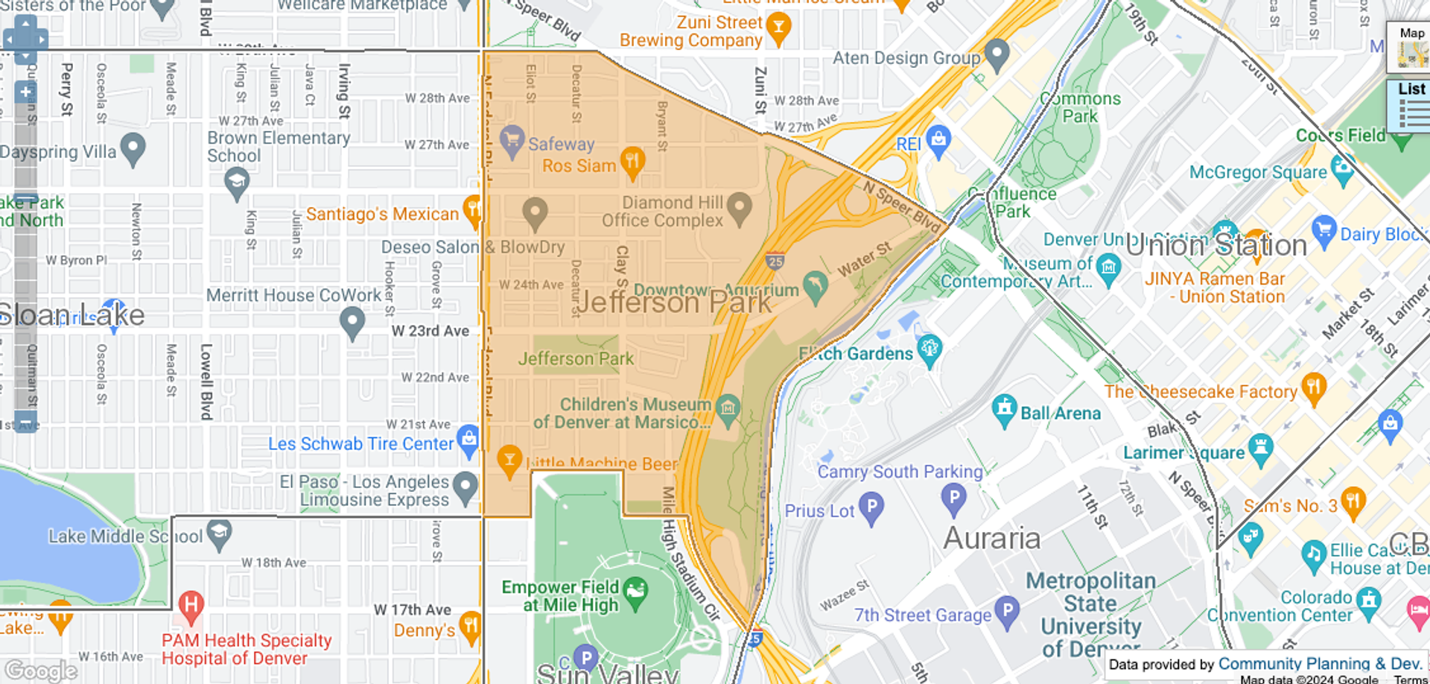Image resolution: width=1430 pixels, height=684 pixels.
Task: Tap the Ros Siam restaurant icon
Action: tap(632, 161)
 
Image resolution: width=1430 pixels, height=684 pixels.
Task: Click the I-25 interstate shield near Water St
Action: tap(775, 261)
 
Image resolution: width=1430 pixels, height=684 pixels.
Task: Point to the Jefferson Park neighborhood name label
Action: tap(673, 303)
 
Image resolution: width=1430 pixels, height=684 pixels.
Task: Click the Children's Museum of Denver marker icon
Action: tap(727, 407)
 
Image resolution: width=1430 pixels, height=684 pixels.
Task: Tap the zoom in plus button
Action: tap(25, 92)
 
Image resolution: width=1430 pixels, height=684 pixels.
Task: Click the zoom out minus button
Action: tap(25, 422)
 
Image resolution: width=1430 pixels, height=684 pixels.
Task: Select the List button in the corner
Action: tap(1411, 104)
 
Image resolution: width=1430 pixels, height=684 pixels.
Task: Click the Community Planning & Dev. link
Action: tap(1320, 664)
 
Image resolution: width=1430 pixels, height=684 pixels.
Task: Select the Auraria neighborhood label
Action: tap(991, 538)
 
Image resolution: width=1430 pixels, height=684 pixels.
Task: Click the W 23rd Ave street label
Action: tap(430, 331)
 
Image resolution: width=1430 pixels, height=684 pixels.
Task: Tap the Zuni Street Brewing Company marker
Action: tap(778, 28)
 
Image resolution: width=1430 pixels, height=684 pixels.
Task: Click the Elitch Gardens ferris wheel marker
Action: tap(929, 349)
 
